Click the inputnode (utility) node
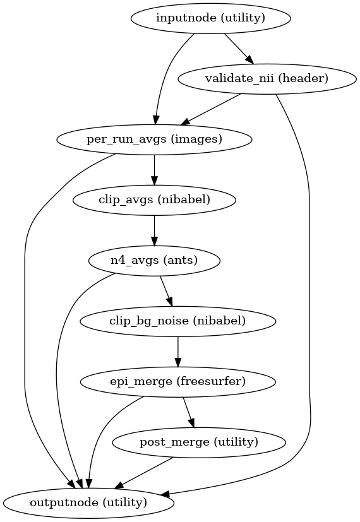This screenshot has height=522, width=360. (x=210, y=18)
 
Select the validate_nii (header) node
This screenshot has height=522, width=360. (x=262, y=79)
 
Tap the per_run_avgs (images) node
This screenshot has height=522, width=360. (x=154, y=139)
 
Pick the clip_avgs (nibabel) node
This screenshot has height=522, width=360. (x=154, y=200)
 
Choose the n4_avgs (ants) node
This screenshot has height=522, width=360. (x=154, y=260)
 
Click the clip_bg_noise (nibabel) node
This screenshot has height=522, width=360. (x=177, y=321)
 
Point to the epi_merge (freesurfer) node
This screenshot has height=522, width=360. (x=177, y=381)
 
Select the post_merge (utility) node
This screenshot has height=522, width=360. (x=198, y=442)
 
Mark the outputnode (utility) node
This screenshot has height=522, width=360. (x=88, y=502)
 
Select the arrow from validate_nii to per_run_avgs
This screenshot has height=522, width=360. (x=212, y=109)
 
